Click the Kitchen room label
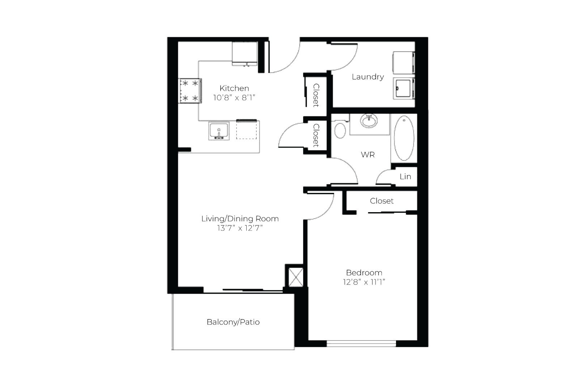tap(234, 88)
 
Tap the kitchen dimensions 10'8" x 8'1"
tap(234, 98)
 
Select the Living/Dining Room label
tap(240, 219)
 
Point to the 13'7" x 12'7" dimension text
tap(240, 228)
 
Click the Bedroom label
tap(364, 273)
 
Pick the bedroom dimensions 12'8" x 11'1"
tap(364, 282)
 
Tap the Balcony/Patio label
tap(233, 322)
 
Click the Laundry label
tap(368, 77)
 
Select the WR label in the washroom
tap(368, 154)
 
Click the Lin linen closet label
tap(405, 176)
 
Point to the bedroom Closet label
tap(382, 201)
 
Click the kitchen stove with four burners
tap(190, 91)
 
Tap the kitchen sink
tap(219, 131)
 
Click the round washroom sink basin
tap(369, 121)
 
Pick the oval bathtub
tap(404, 138)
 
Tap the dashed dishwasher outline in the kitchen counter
tap(247, 130)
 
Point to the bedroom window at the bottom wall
tap(361, 344)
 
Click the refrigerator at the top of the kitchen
tap(244, 54)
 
